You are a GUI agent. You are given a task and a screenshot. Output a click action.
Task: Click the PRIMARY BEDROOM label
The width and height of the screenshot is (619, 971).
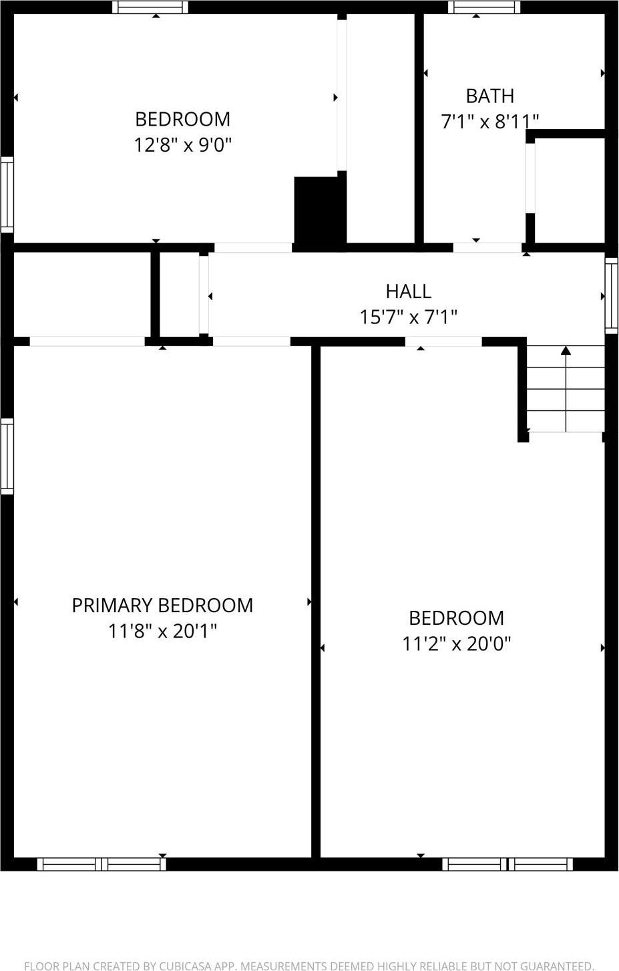click(x=162, y=605)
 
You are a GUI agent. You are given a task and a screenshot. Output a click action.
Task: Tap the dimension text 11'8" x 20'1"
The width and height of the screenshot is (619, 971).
click(x=162, y=631)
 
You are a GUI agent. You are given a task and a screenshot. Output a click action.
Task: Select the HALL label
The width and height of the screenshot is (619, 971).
click(x=408, y=291)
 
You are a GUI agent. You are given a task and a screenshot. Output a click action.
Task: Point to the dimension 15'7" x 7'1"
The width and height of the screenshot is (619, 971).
click(x=408, y=317)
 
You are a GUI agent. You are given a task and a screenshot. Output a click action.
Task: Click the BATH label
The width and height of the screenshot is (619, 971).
click(x=489, y=96)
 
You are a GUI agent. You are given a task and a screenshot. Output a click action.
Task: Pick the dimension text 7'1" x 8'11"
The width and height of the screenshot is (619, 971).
click(x=489, y=122)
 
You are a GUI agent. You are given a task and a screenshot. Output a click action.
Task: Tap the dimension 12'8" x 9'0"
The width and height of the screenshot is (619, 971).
click(x=182, y=144)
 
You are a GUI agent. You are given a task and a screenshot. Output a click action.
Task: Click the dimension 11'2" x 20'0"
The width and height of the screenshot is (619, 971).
click(x=456, y=644)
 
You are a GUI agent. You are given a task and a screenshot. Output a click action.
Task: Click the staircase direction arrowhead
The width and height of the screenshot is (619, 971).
click(x=566, y=350)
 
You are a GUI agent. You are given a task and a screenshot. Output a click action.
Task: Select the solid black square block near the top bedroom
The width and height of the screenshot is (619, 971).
click(x=318, y=211)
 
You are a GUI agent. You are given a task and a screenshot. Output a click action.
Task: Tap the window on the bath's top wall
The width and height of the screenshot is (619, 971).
click(x=484, y=7)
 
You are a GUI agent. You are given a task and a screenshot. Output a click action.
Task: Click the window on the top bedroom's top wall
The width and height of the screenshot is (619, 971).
click(x=150, y=7)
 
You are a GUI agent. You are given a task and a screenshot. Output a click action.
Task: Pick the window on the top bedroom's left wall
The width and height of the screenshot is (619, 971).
click(x=7, y=194)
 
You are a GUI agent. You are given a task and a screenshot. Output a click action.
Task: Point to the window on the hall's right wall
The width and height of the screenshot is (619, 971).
click(x=611, y=295)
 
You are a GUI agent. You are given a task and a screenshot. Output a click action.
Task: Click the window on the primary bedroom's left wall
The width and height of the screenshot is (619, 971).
click(x=7, y=456)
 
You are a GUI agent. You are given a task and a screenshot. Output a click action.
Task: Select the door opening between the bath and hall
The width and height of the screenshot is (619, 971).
click(x=487, y=247)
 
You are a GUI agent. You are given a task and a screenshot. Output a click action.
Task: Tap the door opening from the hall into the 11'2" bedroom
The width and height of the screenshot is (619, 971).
click(x=443, y=341)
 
